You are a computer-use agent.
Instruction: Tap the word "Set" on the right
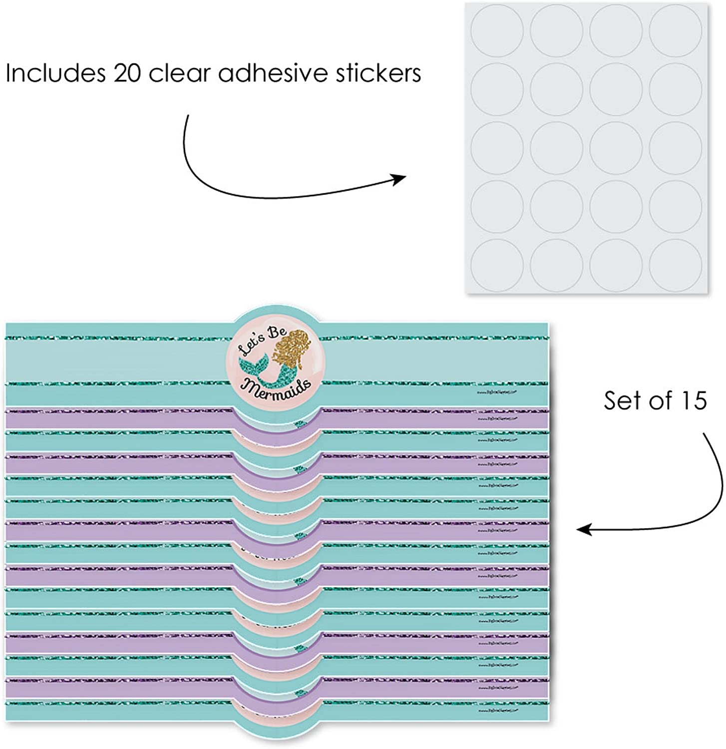point(622,400)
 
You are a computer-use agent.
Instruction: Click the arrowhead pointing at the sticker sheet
point(399,179)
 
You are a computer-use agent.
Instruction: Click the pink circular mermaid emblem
point(276,367)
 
